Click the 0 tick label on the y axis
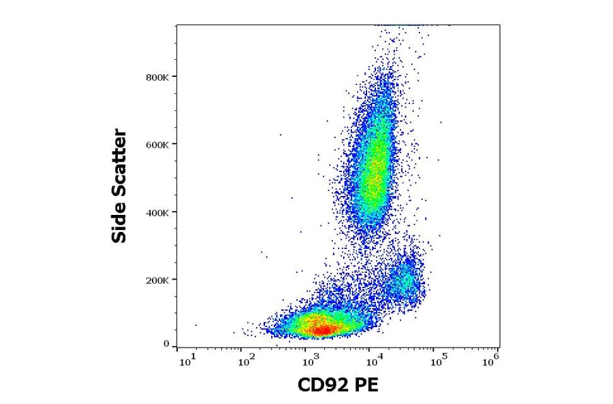pos(166,344)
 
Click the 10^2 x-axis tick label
pos(248,360)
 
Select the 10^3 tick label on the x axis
pos(310,360)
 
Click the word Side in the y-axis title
pos(119,225)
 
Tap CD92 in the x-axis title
pos(323,386)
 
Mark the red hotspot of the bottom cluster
pos(324,330)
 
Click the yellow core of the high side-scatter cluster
pos(373,173)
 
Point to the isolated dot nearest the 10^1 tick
pos(196,325)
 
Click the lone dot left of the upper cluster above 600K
pos(280,135)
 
